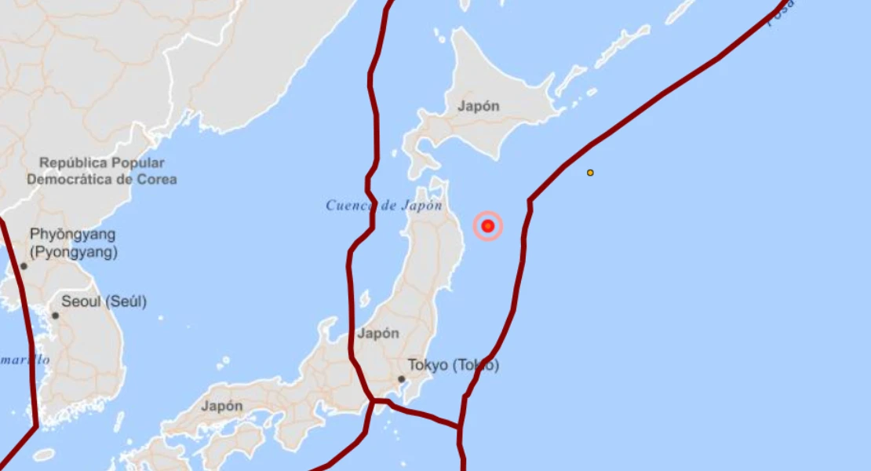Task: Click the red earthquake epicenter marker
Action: (x=488, y=226)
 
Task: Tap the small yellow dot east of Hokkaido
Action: (x=590, y=173)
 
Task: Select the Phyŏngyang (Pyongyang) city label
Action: (x=72, y=243)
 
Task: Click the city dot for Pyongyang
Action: (x=24, y=266)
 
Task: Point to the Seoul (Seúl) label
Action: (x=104, y=301)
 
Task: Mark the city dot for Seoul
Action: (x=55, y=316)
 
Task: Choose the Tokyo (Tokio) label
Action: (x=453, y=365)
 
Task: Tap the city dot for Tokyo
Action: (x=401, y=379)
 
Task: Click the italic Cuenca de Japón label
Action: (x=384, y=206)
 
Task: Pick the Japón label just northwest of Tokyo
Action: (x=378, y=333)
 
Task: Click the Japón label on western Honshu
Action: (x=221, y=406)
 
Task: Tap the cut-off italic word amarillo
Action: (x=25, y=360)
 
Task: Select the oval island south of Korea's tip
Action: (x=44, y=455)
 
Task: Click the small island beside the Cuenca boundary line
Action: (x=365, y=299)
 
